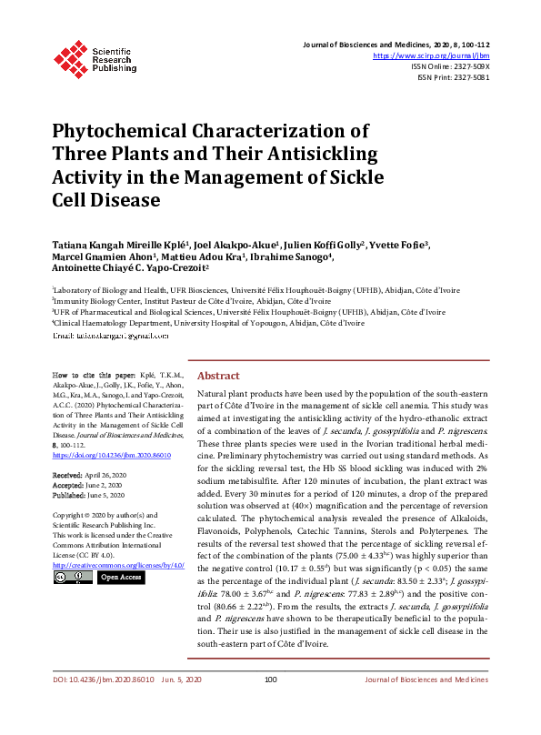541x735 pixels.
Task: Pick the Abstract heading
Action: [x=218, y=376]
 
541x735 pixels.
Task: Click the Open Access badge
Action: [x=120, y=577]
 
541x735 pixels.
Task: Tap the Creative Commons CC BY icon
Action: [x=72, y=577]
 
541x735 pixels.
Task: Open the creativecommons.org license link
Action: [x=118, y=564]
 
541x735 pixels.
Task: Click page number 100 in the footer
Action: [x=270, y=704]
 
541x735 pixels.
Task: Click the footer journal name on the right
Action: [x=426, y=704]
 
